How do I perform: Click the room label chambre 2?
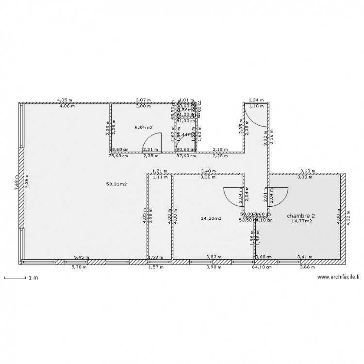300,215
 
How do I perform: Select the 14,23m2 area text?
211,218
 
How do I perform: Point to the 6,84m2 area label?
144,128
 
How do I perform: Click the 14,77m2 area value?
301,221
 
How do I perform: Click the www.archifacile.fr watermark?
338,277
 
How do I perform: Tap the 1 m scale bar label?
33,278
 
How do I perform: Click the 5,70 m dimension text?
80,267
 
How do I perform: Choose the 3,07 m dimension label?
143,100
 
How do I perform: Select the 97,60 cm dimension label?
185,156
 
